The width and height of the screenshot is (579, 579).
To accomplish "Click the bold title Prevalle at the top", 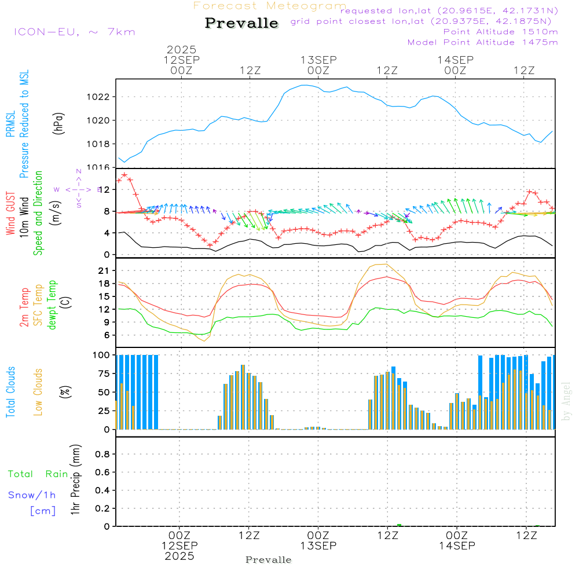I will (x=241, y=23).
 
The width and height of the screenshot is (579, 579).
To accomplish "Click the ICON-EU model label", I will (x=74, y=32).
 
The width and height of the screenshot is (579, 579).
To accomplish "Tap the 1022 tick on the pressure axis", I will (x=99, y=97).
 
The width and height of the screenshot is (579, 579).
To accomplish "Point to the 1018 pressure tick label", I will (x=99, y=144).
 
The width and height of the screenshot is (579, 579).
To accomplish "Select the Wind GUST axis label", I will (x=11, y=215).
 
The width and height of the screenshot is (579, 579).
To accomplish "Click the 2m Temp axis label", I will (x=25, y=307).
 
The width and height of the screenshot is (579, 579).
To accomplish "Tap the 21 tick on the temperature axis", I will (x=105, y=271).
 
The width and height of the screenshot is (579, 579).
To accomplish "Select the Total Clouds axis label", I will (x=11, y=392).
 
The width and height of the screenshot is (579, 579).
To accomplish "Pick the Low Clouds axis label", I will (x=38, y=392).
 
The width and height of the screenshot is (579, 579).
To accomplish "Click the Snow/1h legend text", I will (x=32, y=495).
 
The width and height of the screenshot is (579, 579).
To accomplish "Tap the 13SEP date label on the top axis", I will (x=318, y=60).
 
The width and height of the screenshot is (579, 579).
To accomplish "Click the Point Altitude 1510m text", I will (x=500, y=32).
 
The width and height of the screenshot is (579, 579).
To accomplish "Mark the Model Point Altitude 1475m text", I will (x=482, y=42).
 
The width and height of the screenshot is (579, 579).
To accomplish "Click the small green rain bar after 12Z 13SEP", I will (x=400, y=525).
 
